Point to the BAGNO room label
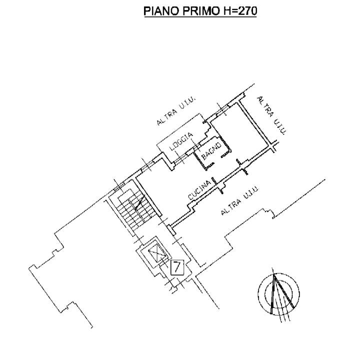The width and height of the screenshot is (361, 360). (x=211, y=150)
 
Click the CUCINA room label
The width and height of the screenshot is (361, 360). (x=199, y=190)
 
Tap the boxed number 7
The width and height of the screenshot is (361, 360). (x=177, y=267)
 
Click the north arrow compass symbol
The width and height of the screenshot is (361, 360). (x=278, y=294)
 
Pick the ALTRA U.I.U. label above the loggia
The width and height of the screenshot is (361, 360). (x=176, y=111)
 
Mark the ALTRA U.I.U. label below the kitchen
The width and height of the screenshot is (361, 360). (x=240, y=200)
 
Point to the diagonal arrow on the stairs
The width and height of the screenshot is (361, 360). (x=139, y=202)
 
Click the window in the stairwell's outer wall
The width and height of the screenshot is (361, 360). (x=119, y=186)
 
